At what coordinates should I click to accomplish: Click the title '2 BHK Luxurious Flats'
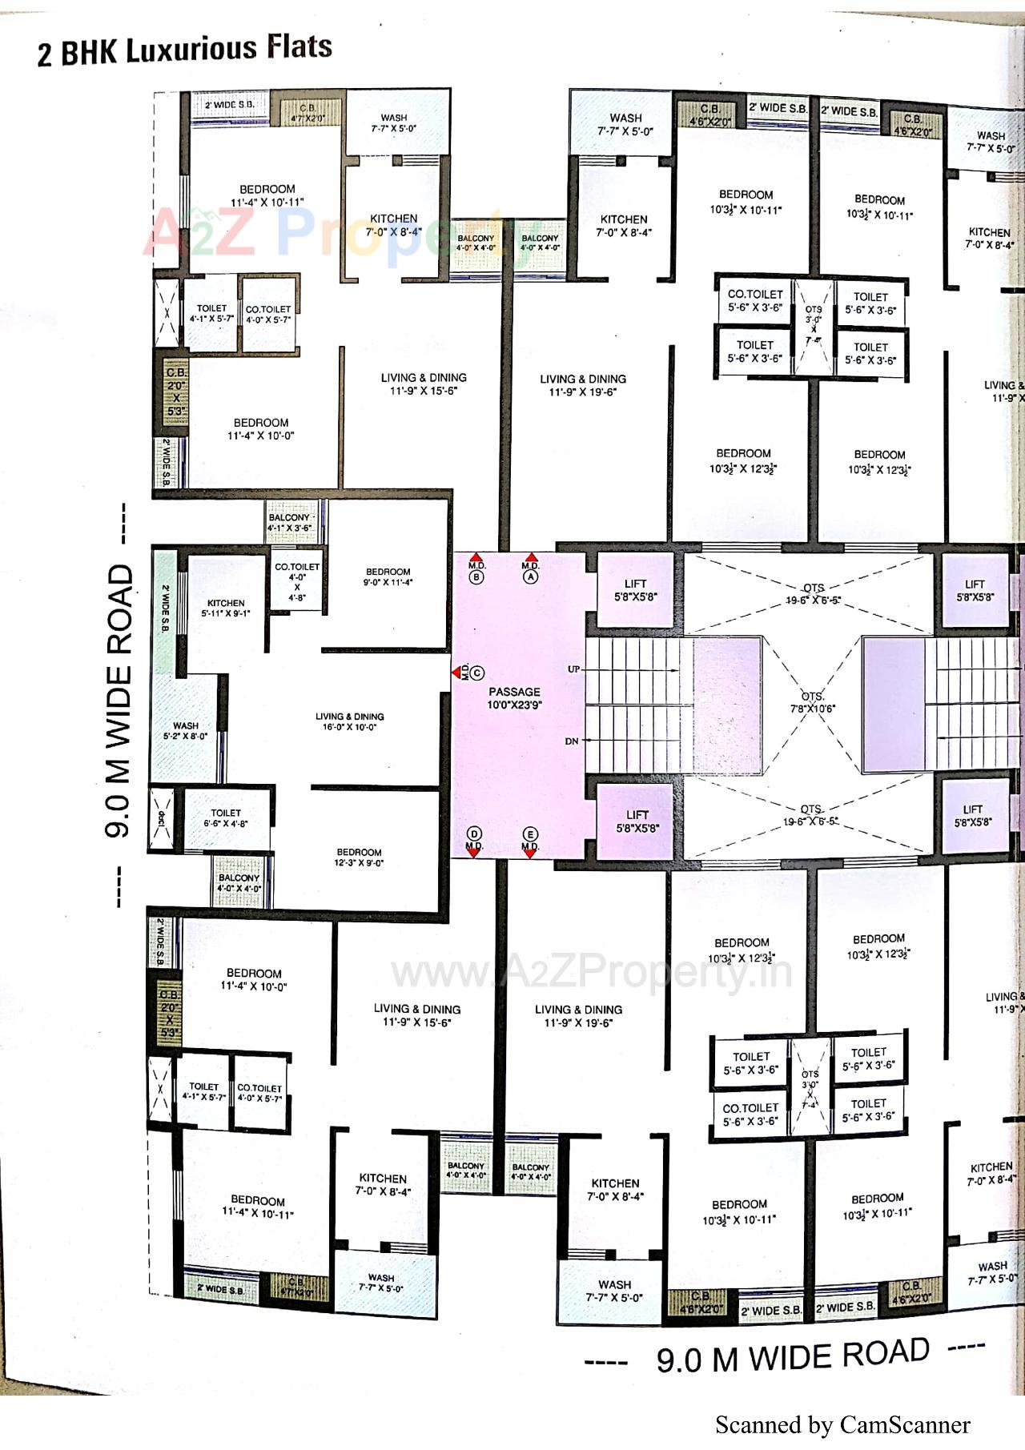184,50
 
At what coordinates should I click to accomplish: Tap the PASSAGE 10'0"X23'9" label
514,698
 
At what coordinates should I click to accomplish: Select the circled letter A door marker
530,576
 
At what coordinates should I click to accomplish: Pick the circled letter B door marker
476,576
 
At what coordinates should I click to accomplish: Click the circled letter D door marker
474,834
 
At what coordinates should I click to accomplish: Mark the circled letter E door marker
530,834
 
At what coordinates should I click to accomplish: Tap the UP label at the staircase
574,669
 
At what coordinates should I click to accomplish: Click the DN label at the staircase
572,741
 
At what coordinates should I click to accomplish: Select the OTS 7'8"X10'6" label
813,702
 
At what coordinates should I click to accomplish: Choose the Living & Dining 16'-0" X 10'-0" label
349,721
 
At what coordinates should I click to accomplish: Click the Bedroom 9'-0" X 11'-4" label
388,577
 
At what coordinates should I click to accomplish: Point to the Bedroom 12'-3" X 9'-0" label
359,858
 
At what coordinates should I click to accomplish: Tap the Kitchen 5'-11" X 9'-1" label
226,608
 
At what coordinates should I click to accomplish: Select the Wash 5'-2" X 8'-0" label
186,731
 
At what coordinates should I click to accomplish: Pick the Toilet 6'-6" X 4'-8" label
226,817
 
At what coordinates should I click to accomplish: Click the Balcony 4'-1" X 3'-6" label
289,523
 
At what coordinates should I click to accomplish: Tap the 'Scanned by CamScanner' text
842,1424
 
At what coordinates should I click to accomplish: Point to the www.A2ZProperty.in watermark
591,973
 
